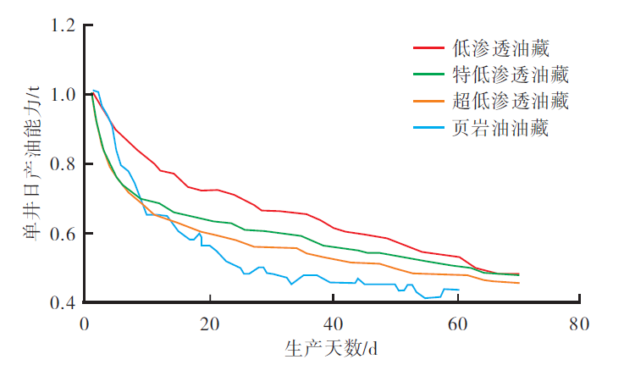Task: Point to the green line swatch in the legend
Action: click(x=429, y=75)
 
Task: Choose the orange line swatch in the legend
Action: click(x=429, y=102)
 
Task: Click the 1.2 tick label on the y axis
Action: click(x=64, y=25)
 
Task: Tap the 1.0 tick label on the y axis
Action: click(x=64, y=95)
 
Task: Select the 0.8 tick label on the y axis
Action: click(x=64, y=163)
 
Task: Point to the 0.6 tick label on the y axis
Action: click(x=64, y=233)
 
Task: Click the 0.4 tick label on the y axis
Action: click(x=64, y=302)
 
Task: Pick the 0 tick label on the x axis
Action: click(x=85, y=323)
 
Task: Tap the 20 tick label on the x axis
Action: click(x=209, y=323)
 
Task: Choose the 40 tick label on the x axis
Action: click(x=333, y=323)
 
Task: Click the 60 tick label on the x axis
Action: click(x=456, y=323)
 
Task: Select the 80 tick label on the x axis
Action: click(x=580, y=323)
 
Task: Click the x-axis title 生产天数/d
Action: click(x=332, y=348)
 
